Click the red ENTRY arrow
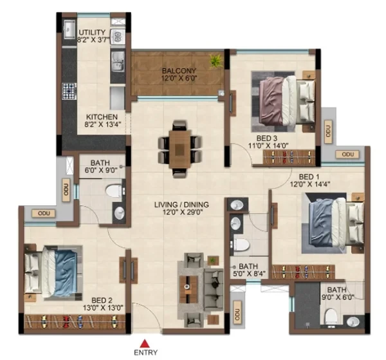(x=145, y=343)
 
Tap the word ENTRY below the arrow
(x=145, y=353)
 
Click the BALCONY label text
(x=179, y=71)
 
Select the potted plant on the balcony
(x=216, y=61)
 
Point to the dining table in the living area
(x=179, y=149)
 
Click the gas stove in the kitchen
(x=69, y=91)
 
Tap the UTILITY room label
(x=92, y=32)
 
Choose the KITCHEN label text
(x=102, y=117)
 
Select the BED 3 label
(x=267, y=138)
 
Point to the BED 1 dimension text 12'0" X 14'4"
(x=310, y=184)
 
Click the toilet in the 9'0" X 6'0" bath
(x=330, y=317)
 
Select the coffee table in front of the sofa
(x=188, y=289)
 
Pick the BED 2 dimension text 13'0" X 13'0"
(x=103, y=308)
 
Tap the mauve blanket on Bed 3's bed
(x=271, y=101)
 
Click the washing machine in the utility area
(x=118, y=37)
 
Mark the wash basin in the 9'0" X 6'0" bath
(x=354, y=321)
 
